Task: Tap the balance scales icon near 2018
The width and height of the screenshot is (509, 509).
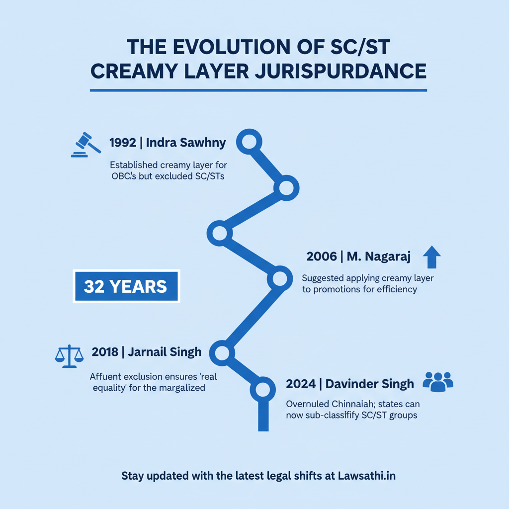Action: [66, 356]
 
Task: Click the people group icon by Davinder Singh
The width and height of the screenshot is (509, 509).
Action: [437, 381]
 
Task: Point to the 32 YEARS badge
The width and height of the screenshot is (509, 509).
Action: [126, 286]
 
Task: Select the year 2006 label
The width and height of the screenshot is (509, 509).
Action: [322, 256]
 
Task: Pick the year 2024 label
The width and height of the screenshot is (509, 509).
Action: [301, 384]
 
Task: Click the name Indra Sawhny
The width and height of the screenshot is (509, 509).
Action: [186, 143]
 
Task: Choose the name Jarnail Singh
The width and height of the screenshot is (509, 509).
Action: [165, 352]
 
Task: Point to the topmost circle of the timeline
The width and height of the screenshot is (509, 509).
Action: [249, 142]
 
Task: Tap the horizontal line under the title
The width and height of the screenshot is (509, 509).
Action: [258, 90]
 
